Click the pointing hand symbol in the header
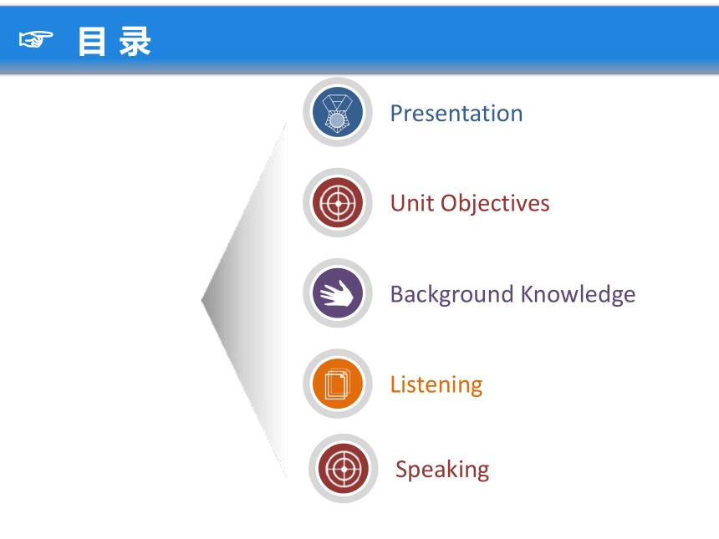tap(36, 39)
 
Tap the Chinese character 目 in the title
tap(92, 41)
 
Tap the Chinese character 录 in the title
tap(135, 41)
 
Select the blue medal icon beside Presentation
tap(338, 112)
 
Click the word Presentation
tap(456, 113)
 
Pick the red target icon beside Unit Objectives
tap(338, 202)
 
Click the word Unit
tap(411, 203)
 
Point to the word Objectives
tap(495, 204)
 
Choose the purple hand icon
tap(338, 292)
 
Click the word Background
tap(451, 295)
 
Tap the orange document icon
tap(338, 384)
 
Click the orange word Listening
tap(436, 385)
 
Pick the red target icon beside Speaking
tap(344, 469)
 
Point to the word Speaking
tap(442, 470)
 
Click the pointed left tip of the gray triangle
tap(201, 300)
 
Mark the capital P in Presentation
tap(396, 113)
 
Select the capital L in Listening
tap(395, 384)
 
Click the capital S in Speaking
tap(401, 469)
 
